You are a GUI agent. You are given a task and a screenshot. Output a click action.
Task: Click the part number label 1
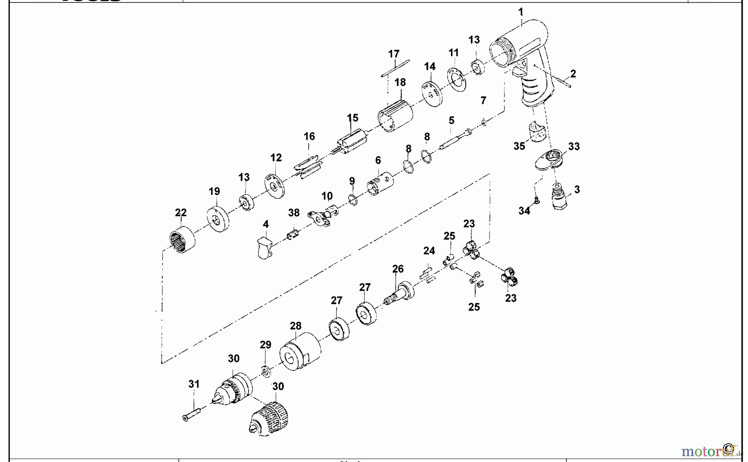[521, 12]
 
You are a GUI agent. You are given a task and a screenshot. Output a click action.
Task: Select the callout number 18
[400, 82]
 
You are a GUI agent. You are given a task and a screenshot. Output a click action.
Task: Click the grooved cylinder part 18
[395, 116]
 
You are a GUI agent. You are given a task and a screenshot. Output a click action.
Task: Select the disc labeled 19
[218, 219]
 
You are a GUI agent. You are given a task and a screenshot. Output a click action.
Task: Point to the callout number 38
[294, 213]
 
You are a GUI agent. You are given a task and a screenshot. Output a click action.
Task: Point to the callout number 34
[524, 211]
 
